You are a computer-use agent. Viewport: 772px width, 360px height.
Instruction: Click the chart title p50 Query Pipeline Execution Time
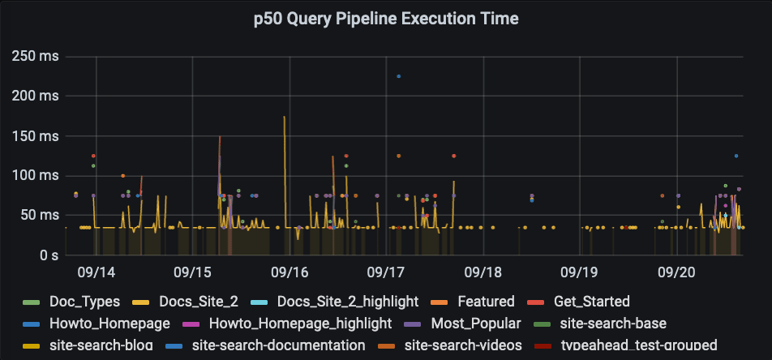click(385, 18)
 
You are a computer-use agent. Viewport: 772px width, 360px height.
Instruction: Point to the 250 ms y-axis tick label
click(36, 57)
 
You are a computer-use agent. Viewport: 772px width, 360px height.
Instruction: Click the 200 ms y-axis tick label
click(36, 96)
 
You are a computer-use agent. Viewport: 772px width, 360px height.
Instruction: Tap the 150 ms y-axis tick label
click(36, 136)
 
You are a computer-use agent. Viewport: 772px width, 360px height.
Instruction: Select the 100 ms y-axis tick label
click(36, 176)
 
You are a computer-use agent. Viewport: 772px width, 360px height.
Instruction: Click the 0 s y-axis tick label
click(48, 255)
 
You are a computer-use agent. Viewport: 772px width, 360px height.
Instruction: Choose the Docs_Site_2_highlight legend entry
click(348, 302)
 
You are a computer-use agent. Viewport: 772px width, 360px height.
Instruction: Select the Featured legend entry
click(486, 302)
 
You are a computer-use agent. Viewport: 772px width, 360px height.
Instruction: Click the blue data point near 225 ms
click(398, 76)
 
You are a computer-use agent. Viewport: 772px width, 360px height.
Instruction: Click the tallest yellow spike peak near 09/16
click(284, 117)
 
